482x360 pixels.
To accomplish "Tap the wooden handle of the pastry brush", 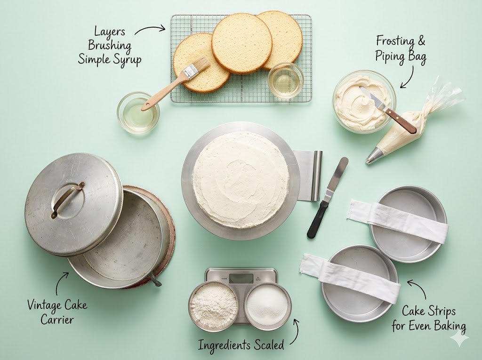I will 163,92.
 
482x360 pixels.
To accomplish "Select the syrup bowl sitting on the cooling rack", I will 286,80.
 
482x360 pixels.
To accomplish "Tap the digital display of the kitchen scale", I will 241,278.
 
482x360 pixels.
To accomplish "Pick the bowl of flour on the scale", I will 214,306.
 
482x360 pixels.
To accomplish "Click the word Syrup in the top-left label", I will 125,60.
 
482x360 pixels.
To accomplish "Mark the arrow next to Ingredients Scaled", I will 296,331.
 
